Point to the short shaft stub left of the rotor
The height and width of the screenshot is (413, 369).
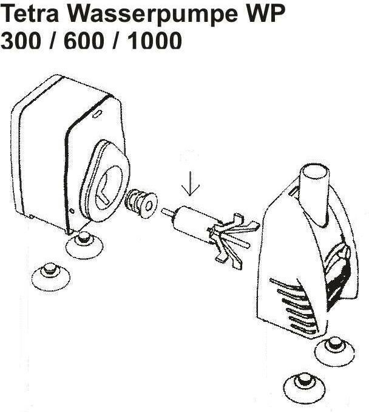[166, 212]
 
